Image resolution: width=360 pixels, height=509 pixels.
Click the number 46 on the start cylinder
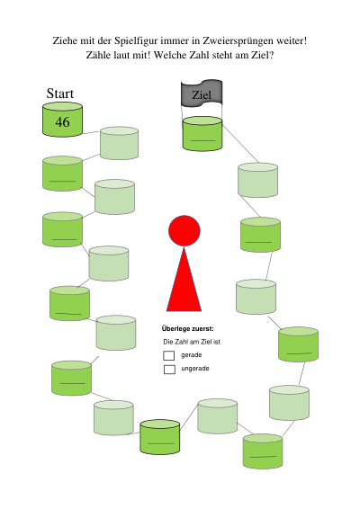(x=62, y=122)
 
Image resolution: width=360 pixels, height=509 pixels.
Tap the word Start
(x=60, y=94)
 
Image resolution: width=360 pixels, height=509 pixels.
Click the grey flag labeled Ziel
(x=202, y=93)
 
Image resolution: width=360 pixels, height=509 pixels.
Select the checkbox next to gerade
(x=169, y=355)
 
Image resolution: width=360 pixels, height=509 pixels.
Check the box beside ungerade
(x=169, y=369)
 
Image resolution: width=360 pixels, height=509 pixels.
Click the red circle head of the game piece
(x=184, y=230)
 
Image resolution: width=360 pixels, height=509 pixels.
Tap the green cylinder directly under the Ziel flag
(x=202, y=134)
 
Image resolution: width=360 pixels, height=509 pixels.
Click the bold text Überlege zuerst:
(x=188, y=329)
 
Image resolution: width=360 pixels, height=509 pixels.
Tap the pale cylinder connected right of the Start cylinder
(x=119, y=143)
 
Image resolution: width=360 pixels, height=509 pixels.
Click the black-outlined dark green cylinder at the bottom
(x=160, y=437)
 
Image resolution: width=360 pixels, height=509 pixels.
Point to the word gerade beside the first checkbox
(x=192, y=355)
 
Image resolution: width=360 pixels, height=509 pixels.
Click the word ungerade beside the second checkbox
(x=195, y=369)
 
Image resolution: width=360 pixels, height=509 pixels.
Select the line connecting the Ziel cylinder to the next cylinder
(x=241, y=143)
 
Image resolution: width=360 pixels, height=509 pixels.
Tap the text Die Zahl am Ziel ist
(x=192, y=342)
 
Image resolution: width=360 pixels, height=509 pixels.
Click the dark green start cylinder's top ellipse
(x=62, y=106)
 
